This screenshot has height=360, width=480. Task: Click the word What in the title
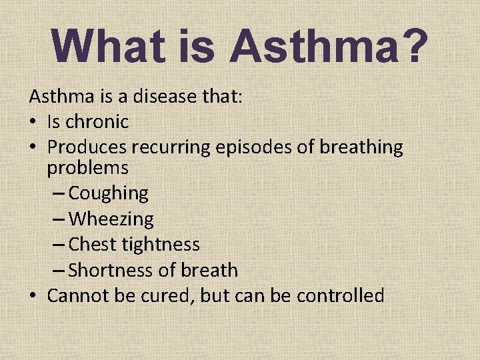coord(106,46)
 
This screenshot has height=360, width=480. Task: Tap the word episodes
coord(255,147)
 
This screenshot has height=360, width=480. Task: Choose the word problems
coord(87,167)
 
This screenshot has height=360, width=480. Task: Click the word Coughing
coord(108,193)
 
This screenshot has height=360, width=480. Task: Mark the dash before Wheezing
coord(59,219)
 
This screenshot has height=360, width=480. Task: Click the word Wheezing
coord(111,219)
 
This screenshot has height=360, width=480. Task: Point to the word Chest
coord(91,245)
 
